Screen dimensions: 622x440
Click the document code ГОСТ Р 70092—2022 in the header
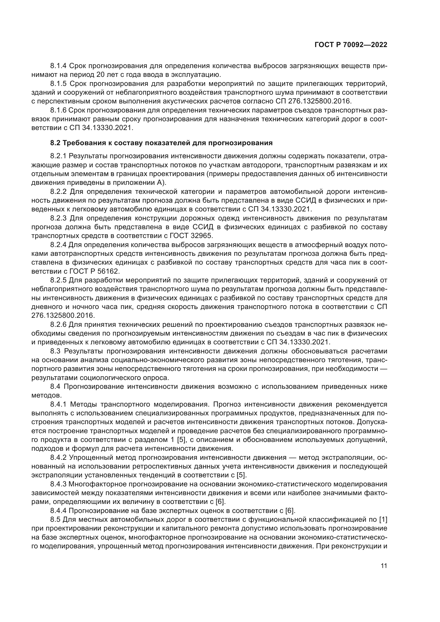[351, 45]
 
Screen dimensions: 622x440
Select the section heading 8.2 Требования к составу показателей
[161, 143]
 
